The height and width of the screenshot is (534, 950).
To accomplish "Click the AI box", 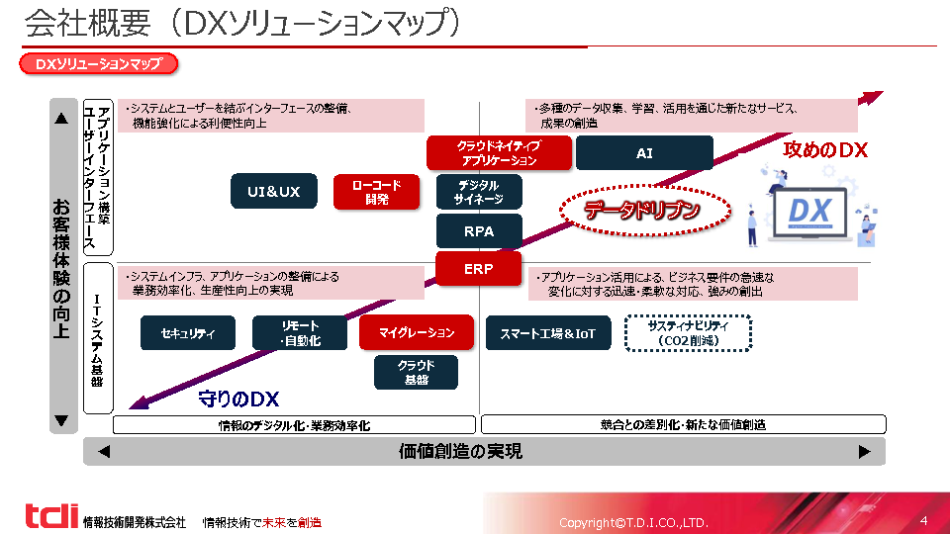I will (644, 153).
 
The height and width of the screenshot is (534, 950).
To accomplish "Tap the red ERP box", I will (479, 268).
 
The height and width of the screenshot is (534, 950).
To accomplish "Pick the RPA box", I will (479, 230).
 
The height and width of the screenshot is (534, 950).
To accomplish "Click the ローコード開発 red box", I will (376, 192).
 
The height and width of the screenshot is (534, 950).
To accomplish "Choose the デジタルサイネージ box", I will (479, 192).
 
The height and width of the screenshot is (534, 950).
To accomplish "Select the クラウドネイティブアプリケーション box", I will (499, 153).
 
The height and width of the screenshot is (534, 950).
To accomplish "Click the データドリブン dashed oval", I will (644, 210).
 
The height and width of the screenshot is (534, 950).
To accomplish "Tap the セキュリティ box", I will (188, 333).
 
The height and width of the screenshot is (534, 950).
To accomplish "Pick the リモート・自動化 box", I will (300, 333).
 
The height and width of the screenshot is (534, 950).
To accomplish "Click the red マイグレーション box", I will (416, 333).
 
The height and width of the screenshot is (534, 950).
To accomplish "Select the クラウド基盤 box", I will (416, 372).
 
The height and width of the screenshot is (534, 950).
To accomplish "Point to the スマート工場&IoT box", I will (548, 333).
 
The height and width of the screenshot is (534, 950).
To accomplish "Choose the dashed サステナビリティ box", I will (689, 333).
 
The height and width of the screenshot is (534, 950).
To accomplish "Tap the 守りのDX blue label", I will (238, 400).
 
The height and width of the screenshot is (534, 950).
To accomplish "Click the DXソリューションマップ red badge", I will (98, 64).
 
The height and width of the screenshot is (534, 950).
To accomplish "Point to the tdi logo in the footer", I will (51, 516).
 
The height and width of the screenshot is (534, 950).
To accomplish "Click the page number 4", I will (923, 520).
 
